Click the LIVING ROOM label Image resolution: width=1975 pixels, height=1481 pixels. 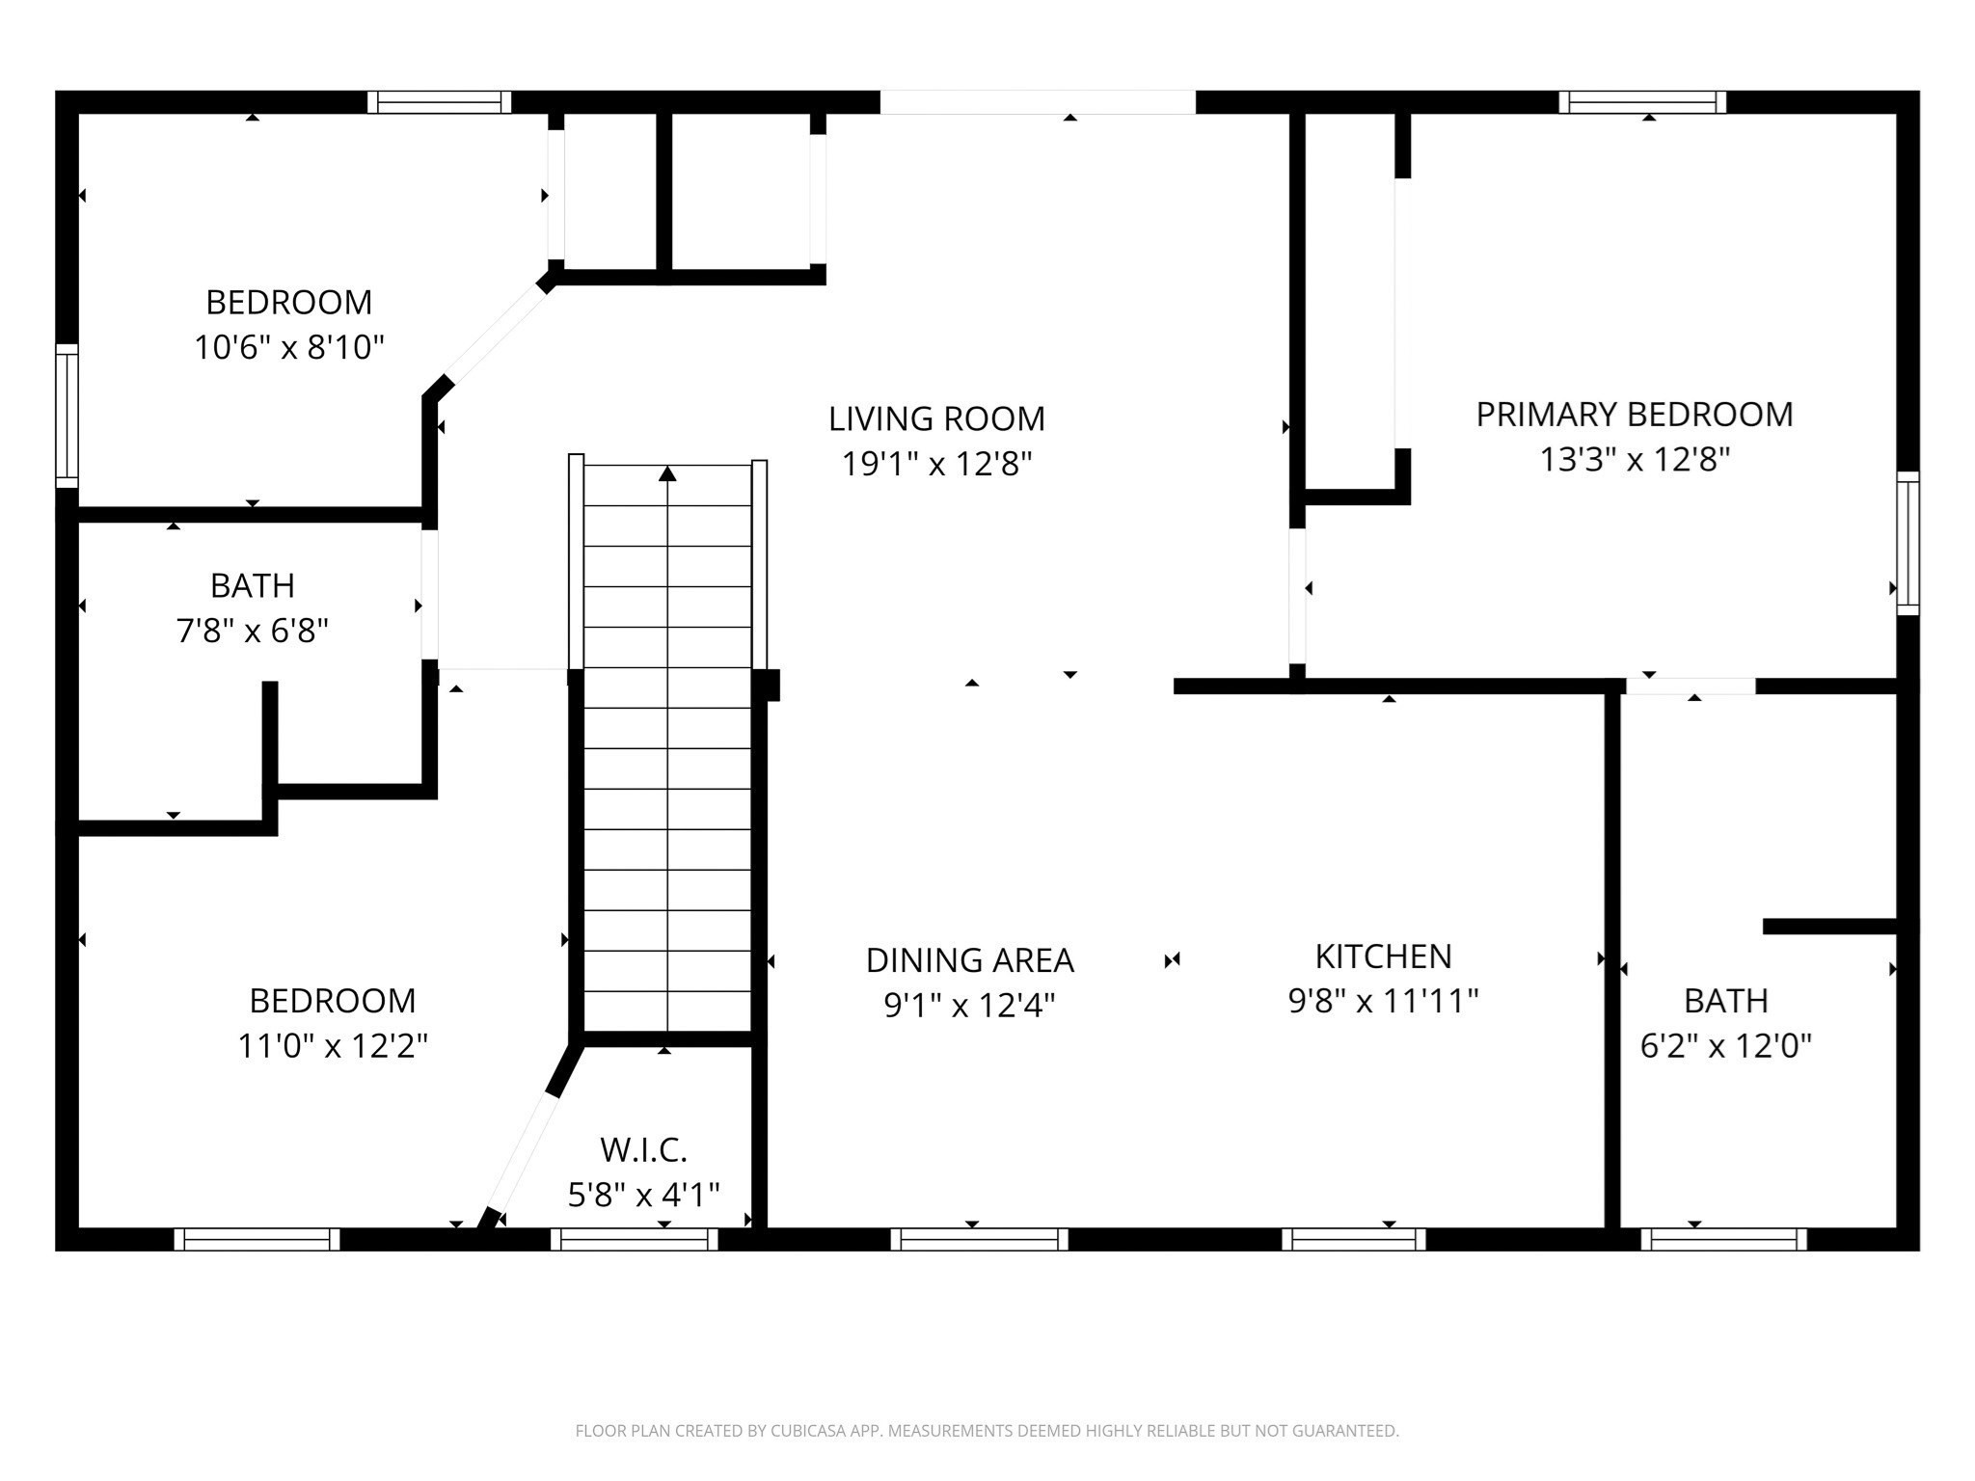coord(936,418)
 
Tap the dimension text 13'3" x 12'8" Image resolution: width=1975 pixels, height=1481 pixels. coord(1635,460)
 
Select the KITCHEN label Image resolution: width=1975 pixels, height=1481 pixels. coord(1383,956)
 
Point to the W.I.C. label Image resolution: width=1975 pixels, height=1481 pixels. coord(643,1150)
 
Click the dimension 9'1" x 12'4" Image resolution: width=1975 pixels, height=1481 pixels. coord(969,1006)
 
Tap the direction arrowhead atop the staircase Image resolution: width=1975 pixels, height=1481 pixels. coord(667,473)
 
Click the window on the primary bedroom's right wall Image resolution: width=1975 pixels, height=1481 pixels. coord(1907,543)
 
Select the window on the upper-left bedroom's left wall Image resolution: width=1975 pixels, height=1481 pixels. coord(67,416)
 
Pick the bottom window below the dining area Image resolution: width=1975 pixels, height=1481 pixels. coord(979,1239)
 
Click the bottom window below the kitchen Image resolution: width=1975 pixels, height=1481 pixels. coord(1353,1239)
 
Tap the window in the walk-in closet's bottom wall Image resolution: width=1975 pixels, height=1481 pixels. coord(635,1239)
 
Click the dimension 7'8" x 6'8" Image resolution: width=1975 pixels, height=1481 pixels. coord(253,632)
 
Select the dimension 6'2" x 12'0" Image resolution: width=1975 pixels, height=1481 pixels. coord(1725,1046)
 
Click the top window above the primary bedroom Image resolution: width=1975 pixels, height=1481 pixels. coord(1642,102)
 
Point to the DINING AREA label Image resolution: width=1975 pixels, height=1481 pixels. coord(969,960)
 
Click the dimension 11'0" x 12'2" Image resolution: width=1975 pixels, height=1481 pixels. coord(333,1046)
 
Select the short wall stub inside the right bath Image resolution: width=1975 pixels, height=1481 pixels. coord(1829,927)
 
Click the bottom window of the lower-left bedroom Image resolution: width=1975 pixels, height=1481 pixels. coord(257,1239)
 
